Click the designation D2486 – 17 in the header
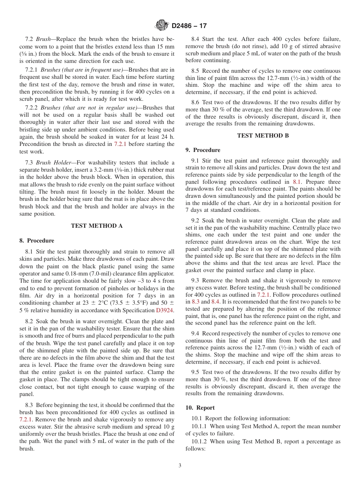tap(189, 26)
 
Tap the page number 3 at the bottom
tap(180, 465)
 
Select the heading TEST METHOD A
tap(97, 226)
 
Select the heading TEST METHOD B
tap(263, 135)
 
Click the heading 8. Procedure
tap(37, 241)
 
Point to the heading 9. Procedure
tap(203, 150)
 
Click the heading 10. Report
tap(200, 408)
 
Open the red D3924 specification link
tap(165, 310)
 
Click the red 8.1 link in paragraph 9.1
tap(297, 182)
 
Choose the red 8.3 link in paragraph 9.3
tap(195, 302)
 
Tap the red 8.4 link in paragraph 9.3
tap(215, 302)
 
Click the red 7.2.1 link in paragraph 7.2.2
tap(123, 144)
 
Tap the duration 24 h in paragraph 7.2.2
tap(167, 137)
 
